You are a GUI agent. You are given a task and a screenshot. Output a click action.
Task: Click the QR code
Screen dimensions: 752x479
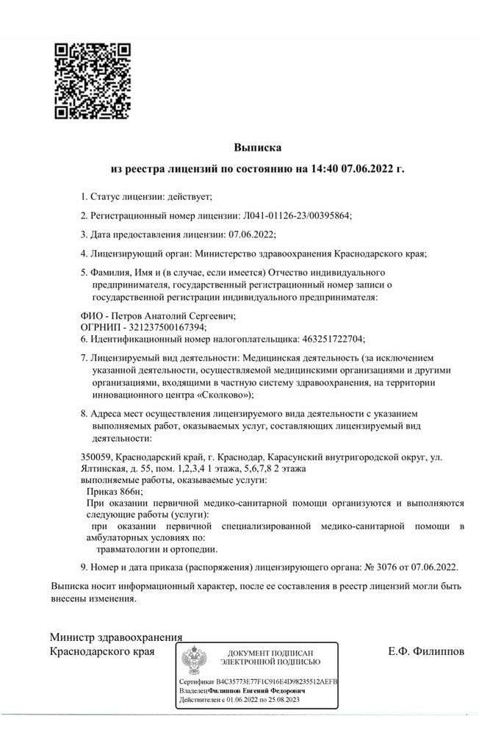93,82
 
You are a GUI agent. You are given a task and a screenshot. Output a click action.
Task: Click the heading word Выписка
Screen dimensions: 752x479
258,148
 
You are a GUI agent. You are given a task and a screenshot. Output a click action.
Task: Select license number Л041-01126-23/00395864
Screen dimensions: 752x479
297,215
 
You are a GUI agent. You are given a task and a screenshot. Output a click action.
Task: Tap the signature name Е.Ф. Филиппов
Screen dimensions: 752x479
425,651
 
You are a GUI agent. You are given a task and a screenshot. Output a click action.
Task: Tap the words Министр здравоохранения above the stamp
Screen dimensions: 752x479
115,637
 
